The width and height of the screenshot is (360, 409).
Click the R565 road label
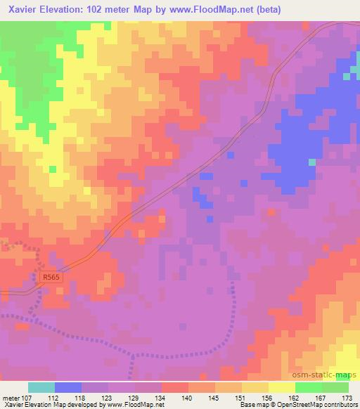pyautogui.click(x=50, y=277)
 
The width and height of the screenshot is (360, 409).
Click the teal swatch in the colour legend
pyautogui.click(x=41, y=387)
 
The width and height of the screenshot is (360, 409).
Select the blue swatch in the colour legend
pyautogui.click(x=68, y=387)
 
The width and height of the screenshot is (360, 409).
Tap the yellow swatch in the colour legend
pyautogui.click(x=281, y=387)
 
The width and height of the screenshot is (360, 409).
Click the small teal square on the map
pyautogui.click(x=311, y=162)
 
